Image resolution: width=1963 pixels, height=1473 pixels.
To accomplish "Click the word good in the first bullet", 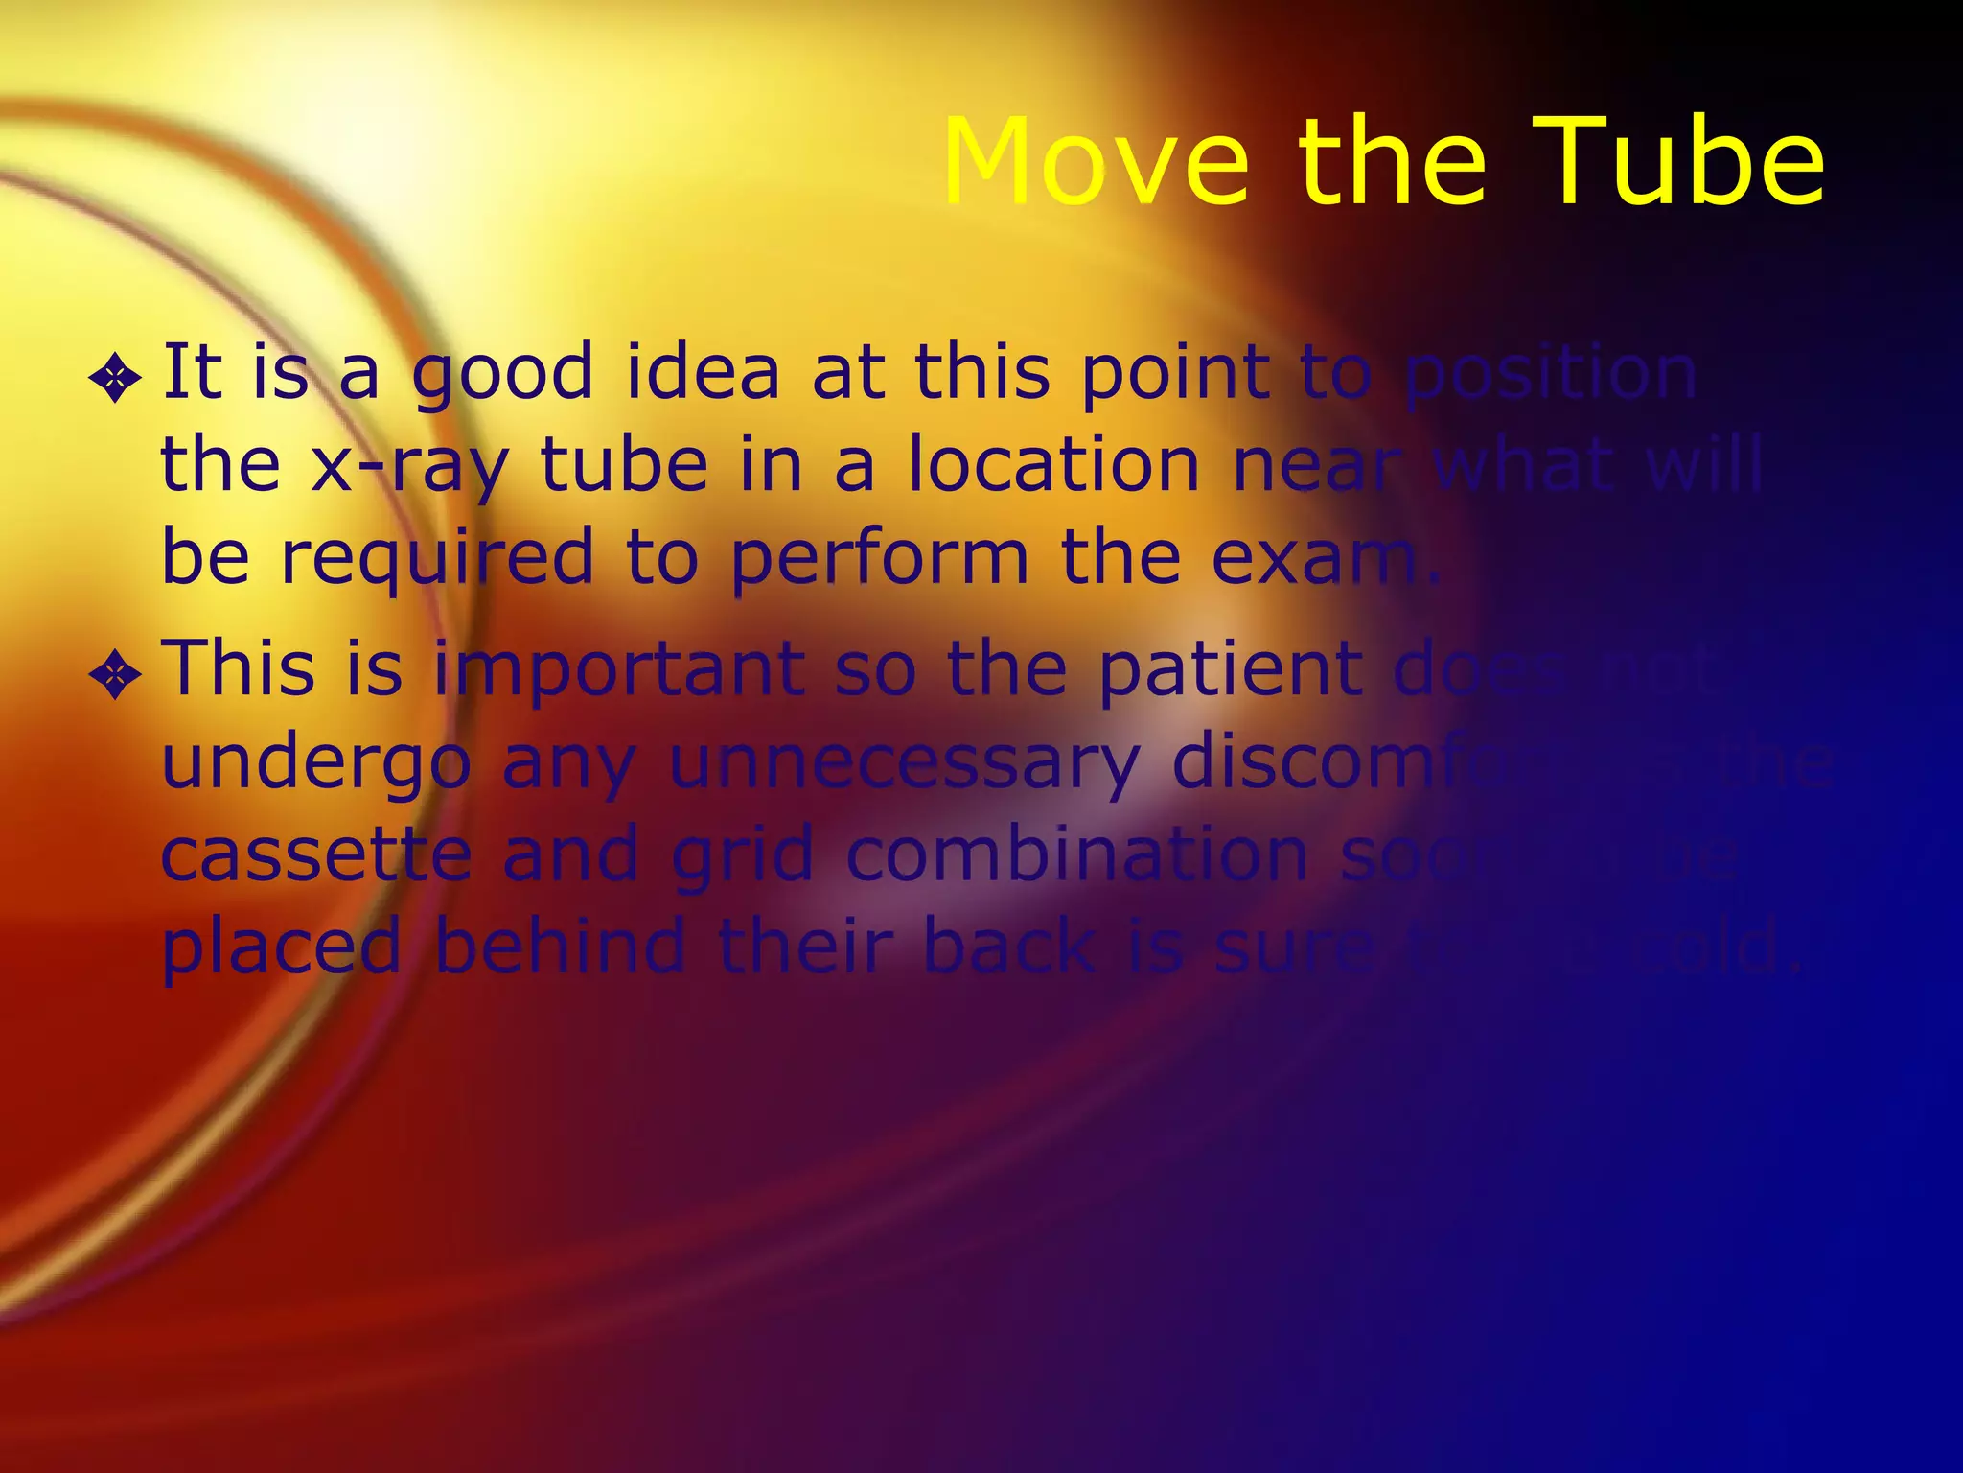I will click(x=502, y=374).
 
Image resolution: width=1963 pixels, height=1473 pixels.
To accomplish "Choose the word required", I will click(x=437, y=559).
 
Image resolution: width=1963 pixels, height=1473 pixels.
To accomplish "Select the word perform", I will click(x=879, y=559).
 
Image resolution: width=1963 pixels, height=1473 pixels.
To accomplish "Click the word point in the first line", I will click(x=1175, y=374).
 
